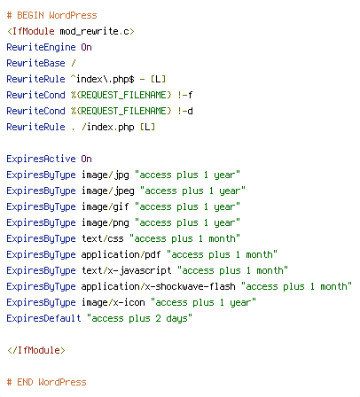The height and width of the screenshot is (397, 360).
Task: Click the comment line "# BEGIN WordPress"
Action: (51, 15)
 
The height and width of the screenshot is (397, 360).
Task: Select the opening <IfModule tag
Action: (31, 31)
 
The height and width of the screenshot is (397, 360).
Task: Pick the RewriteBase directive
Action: (35, 63)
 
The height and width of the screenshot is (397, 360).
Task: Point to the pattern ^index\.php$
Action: (103, 79)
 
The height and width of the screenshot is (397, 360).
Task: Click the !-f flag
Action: (185, 95)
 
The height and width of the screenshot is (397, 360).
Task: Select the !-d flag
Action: (185, 111)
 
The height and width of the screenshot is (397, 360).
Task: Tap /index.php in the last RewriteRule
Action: (108, 127)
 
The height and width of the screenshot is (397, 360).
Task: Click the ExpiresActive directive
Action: (41, 159)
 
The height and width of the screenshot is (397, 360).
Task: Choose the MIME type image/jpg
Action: (106, 175)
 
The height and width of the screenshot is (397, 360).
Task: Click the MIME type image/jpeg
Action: (108, 191)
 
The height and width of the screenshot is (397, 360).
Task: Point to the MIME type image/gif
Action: (106, 206)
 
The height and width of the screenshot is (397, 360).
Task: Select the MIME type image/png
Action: (106, 222)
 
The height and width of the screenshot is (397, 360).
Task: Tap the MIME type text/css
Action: (103, 238)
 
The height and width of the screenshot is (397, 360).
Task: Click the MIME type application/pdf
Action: (121, 254)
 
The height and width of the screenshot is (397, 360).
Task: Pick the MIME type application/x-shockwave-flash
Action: (159, 286)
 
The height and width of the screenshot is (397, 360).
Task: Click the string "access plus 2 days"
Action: (139, 318)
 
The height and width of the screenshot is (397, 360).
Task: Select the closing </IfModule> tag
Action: (35, 350)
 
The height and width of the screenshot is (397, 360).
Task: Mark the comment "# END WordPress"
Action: (46, 382)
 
